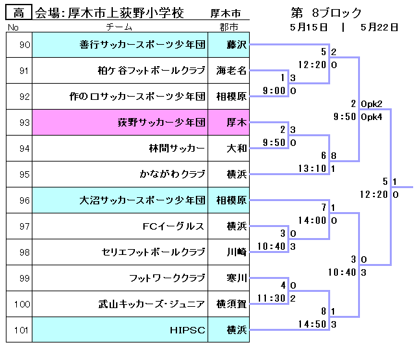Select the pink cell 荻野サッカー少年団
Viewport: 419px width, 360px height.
[x=162, y=122]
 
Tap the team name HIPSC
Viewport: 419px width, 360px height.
[x=187, y=330]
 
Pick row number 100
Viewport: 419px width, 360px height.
[x=23, y=304]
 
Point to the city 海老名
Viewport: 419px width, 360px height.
[x=232, y=71]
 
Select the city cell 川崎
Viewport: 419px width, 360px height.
[x=236, y=252]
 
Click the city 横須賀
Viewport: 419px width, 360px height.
[x=232, y=304]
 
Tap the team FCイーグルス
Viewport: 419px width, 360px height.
[x=173, y=226]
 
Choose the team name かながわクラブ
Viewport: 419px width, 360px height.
[x=172, y=174]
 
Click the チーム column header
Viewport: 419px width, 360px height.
[x=119, y=27]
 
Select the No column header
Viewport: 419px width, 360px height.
[x=12, y=27]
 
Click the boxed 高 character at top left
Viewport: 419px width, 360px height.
[x=18, y=13]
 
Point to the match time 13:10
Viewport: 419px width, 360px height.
[x=314, y=169]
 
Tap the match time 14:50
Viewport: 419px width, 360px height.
[x=314, y=324]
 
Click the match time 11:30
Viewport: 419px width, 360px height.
[x=272, y=298]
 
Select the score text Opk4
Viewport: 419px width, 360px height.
[x=371, y=117]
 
